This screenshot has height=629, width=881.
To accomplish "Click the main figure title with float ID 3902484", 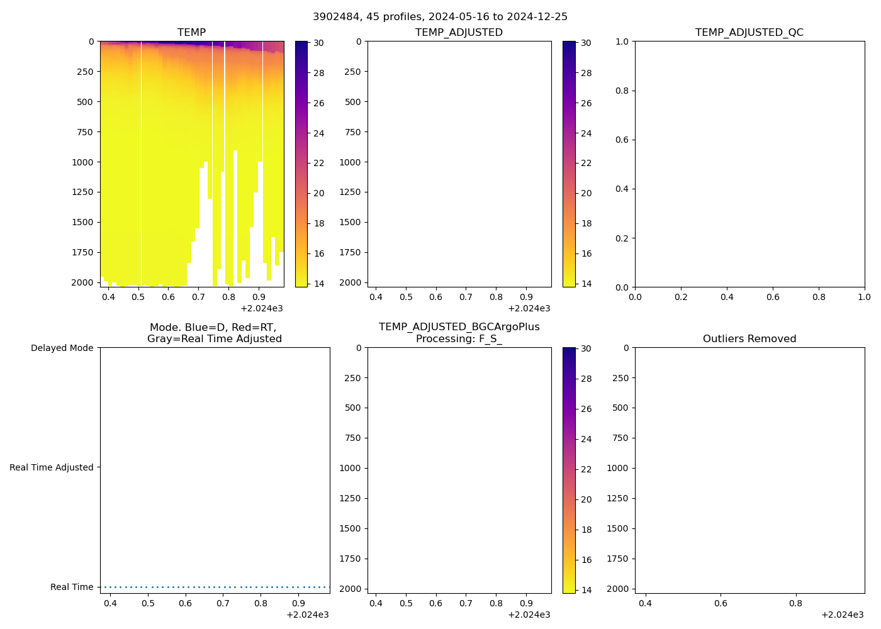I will point(440,16).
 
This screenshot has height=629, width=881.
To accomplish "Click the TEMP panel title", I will point(191,32).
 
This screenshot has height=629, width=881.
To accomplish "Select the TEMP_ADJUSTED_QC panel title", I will point(749,32).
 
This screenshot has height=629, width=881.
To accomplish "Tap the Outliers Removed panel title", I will point(749,338).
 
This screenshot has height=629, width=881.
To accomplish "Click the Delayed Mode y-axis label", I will point(62,348).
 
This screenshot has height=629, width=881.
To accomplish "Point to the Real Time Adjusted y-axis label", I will point(51,467).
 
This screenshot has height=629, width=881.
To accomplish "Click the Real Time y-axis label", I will point(72,587).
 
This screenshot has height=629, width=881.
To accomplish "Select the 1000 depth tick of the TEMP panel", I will point(82,162).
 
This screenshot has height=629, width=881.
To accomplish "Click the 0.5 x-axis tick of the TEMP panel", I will point(138,297).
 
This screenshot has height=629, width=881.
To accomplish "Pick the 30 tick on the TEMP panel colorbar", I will point(319,43).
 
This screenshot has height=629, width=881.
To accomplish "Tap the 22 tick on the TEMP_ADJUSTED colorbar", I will point(586,163).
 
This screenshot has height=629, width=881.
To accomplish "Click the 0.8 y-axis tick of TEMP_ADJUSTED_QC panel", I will point(622,91).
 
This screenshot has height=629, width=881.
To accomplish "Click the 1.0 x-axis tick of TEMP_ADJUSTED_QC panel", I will point(864,297).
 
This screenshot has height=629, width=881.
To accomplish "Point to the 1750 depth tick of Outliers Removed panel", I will point(620,559).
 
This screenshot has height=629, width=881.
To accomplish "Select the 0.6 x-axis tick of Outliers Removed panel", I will point(721,603).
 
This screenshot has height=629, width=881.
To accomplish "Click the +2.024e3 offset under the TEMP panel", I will point(261,308).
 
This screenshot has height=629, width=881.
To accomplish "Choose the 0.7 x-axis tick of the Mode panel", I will point(223,603).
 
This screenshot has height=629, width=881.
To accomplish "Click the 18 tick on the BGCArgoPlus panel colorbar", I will point(586,530).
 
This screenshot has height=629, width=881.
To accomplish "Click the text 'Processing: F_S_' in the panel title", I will point(459,338).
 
